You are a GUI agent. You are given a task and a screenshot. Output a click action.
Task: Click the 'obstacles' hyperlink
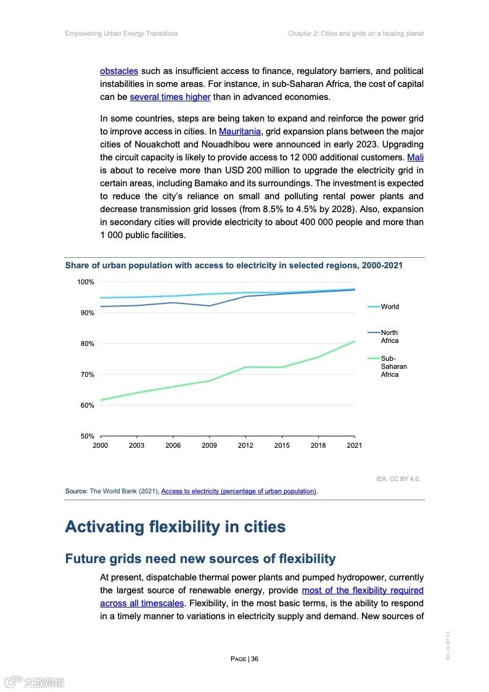point(119,71)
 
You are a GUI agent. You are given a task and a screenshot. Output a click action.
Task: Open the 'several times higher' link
point(170,97)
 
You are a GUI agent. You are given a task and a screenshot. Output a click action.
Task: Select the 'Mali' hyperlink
point(416,157)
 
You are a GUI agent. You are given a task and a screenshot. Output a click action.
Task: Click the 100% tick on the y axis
point(86,282)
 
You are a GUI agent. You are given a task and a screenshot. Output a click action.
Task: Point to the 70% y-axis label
point(86,374)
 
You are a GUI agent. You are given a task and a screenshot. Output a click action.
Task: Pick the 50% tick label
point(86,436)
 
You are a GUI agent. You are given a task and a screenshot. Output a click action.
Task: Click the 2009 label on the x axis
point(209,445)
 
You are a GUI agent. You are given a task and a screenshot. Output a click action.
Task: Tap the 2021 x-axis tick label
point(355,445)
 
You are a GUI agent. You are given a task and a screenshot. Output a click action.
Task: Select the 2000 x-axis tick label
point(100,445)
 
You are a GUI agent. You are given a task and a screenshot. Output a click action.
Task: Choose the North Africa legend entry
point(389,337)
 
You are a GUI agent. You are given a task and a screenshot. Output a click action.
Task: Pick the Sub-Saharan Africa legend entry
point(393,366)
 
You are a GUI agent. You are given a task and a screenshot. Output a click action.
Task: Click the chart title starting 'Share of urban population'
point(234,265)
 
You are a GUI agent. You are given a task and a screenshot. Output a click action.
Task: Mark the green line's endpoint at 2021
point(355,341)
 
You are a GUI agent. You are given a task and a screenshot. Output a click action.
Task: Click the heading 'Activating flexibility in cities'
point(175,527)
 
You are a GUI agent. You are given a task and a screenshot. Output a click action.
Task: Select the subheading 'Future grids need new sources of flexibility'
point(200,559)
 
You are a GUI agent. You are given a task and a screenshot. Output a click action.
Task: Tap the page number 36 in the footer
point(244,659)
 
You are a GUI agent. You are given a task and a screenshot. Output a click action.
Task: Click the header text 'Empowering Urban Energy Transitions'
point(121,33)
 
